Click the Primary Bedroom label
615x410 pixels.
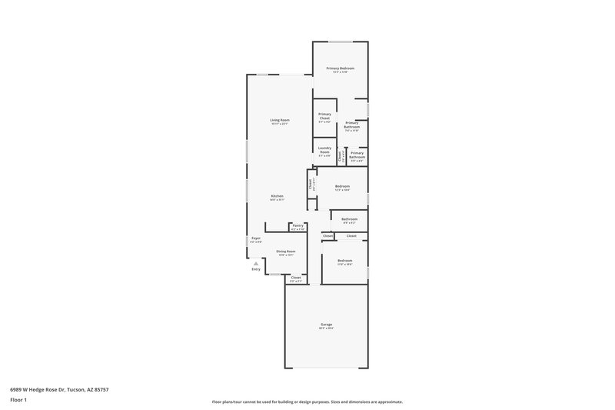tap(340, 68)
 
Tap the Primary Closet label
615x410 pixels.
tap(324, 116)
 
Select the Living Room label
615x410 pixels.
tap(279, 120)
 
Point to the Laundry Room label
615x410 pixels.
tap(324, 150)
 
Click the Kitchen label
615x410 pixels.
tap(277, 196)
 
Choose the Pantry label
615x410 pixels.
tap(298, 225)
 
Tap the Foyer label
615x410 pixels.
tap(256, 238)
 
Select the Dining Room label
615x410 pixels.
tap(286, 252)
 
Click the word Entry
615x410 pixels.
tap(256, 269)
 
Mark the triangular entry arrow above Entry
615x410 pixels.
tap(256, 262)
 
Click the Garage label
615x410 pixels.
tap(327, 325)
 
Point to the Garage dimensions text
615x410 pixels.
tap(327, 328)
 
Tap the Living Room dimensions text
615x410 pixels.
tap(279, 124)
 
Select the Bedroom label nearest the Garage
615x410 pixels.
tap(344, 261)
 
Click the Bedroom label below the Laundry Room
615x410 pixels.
tap(342, 186)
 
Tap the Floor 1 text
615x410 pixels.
tap(18, 401)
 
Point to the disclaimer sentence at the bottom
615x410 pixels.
tap(307, 402)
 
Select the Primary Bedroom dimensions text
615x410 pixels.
tap(340, 72)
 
